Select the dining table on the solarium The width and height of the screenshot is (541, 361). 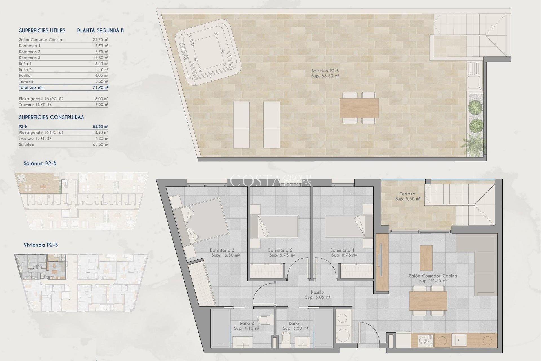pyautogui.click(x=359, y=108)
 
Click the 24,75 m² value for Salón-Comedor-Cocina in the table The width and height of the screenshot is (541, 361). pyautogui.click(x=100, y=40)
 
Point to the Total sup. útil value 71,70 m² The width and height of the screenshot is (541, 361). pyautogui.click(x=100, y=87)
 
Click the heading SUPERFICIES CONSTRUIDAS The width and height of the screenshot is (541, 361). pyautogui.click(x=51, y=117)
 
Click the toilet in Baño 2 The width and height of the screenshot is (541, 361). pyautogui.click(x=263, y=320)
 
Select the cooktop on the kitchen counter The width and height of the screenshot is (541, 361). pyautogui.click(x=425, y=340)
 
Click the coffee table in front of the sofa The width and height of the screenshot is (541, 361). pyautogui.click(x=426, y=258)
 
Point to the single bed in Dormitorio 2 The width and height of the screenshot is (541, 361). pyautogui.click(x=278, y=226)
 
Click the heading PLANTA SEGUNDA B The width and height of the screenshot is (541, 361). pyautogui.click(x=100, y=30)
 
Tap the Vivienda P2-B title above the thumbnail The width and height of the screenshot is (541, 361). pyautogui.click(x=41, y=245)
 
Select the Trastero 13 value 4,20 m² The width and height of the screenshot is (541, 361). pyautogui.click(x=102, y=138)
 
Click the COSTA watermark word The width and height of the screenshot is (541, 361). pyautogui.click(x=255, y=181)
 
